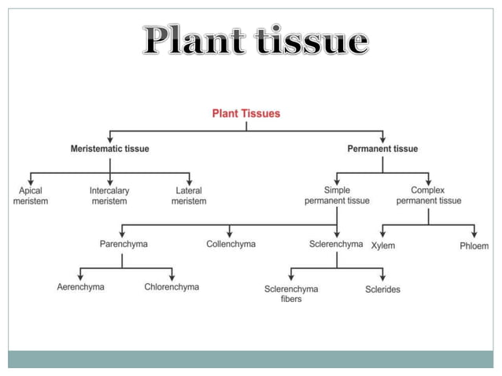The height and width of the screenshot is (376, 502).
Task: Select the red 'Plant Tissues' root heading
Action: pos(246,113)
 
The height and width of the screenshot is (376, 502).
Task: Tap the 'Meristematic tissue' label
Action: pos(109,149)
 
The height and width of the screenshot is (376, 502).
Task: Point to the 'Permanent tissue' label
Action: pos(382,149)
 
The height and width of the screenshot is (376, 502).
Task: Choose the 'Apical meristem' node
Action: pos(31,196)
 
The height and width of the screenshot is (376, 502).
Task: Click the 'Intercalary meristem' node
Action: pos(109,196)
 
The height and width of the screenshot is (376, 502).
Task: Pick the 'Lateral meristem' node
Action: pos(189,196)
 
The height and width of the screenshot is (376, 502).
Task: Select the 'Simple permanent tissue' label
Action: pos(337,196)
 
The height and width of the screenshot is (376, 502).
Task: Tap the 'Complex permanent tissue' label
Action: pos(429,196)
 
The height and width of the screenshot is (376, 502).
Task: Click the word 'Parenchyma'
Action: pos(124,245)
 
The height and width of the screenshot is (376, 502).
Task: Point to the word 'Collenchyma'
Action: pos(231,245)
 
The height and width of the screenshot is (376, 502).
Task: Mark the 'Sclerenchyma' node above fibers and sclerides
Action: pos(336,245)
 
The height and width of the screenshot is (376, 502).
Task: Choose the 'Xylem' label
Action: pos(383,246)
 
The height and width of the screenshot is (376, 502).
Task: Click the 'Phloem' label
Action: pos(474,246)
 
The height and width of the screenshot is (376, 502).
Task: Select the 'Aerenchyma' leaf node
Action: pos(80,287)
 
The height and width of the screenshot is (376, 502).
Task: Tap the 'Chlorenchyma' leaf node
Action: pos(172,287)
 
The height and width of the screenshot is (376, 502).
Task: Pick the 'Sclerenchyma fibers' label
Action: pos(291,293)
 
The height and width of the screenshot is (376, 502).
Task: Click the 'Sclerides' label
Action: pos(382,289)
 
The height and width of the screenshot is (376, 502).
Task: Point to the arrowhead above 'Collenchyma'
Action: pos(230,234)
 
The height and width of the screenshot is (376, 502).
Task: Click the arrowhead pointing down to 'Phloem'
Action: pos(474,234)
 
